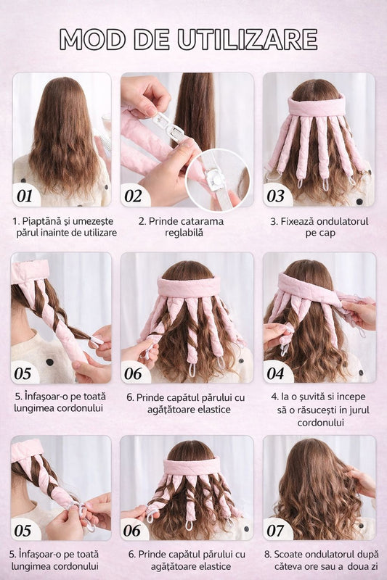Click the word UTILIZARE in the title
[248, 39]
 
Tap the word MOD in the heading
[93, 39]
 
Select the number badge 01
[25, 196]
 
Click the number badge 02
[133, 196]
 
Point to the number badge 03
[275, 196]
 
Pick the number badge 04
[275, 373]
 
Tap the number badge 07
[275, 531]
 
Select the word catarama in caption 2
[203, 221]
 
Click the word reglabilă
[184, 233]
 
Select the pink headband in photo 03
[317, 105]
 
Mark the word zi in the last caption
[375, 566]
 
